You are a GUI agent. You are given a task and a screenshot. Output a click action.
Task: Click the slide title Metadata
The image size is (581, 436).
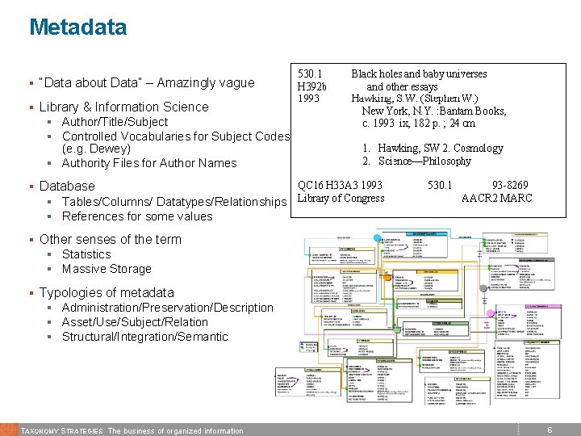pos(77,27)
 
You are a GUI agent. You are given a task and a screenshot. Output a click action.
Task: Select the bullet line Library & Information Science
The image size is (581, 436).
pos(123,107)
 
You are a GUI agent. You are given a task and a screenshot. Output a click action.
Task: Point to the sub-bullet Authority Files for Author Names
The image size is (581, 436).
pos(149,163)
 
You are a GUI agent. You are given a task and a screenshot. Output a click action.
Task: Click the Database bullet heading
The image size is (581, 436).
pos(67,186)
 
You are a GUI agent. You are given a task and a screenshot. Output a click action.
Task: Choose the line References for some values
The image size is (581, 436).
pos(137,216)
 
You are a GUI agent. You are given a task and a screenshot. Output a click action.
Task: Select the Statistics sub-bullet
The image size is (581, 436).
pos(86,254)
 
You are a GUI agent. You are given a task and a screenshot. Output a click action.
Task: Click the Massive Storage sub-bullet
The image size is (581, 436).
pos(107,269)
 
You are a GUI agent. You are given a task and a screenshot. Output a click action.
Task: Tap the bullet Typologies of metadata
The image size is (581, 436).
pos(107,292)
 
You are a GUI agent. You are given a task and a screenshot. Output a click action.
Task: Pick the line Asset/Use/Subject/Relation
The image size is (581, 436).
pos(135,322)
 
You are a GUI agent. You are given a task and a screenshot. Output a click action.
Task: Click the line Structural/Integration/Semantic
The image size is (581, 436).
pos(145,337)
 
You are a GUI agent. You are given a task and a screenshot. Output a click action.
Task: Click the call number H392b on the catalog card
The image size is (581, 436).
pos(312,86)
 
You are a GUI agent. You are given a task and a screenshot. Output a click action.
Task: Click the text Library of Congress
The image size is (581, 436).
pos(341,199)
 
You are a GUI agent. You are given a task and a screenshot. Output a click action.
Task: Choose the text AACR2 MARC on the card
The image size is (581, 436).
pos(496,199)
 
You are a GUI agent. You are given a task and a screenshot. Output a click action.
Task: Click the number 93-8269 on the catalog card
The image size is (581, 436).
pos(511,186)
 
